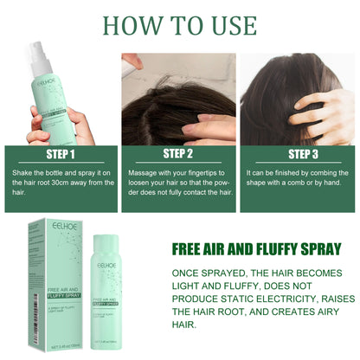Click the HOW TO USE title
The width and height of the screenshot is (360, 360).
[179, 23]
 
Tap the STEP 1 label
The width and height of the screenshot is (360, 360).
[60, 155]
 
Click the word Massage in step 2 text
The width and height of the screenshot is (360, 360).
[147, 173]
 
